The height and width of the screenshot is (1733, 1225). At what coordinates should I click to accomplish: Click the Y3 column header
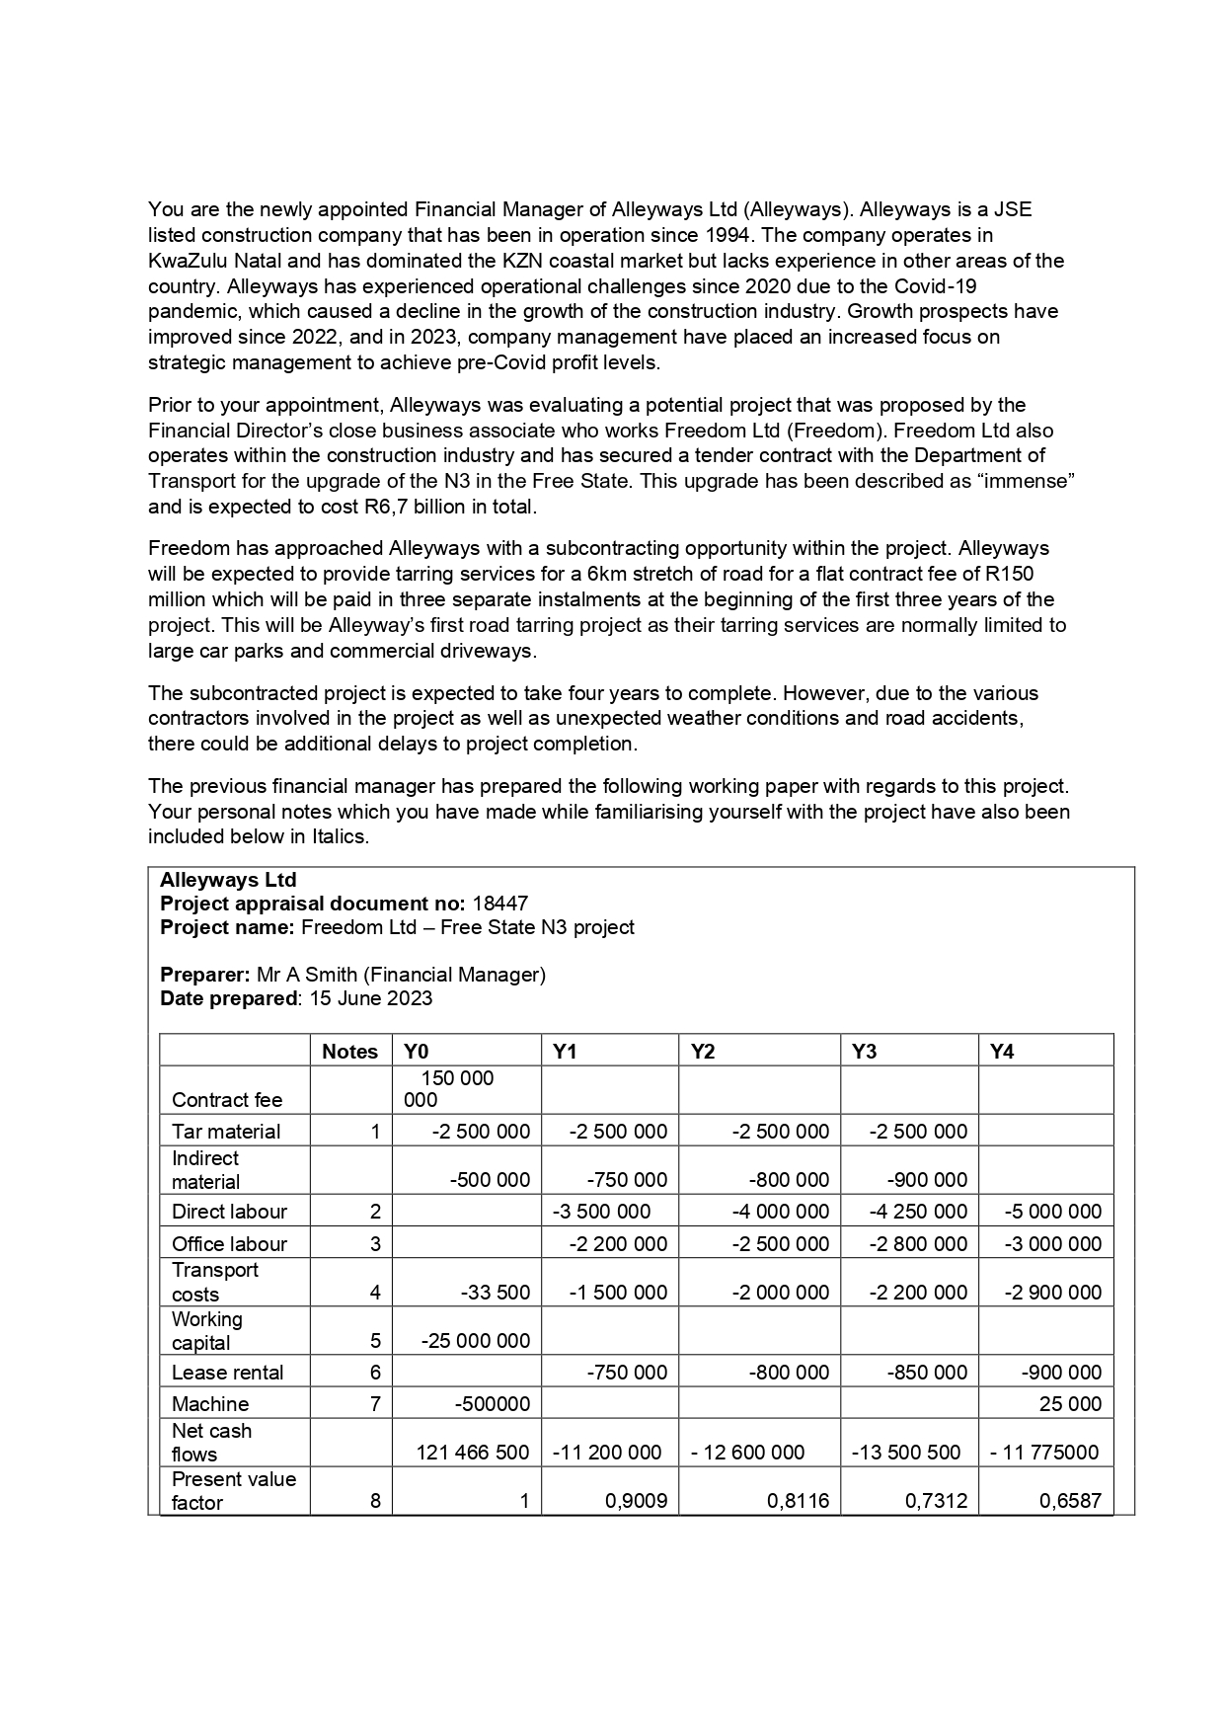(864, 1052)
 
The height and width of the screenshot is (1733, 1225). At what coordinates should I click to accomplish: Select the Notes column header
(350, 1052)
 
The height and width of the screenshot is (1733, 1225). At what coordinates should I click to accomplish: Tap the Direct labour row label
(229, 1212)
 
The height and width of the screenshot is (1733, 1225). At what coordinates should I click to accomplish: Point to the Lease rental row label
(227, 1372)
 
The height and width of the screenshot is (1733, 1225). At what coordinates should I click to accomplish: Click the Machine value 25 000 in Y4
(1070, 1403)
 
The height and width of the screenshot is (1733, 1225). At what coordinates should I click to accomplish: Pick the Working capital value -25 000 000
(476, 1340)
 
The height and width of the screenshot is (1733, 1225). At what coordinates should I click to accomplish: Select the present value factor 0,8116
(798, 1501)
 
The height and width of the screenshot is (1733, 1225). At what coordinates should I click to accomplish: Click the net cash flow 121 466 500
(473, 1452)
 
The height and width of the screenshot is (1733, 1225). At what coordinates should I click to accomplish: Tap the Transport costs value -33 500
(496, 1292)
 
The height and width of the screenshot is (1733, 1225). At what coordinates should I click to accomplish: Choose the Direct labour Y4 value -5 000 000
(1052, 1212)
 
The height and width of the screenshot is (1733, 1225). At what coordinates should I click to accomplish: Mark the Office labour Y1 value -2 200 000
(619, 1243)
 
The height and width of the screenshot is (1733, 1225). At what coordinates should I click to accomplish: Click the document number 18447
(500, 904)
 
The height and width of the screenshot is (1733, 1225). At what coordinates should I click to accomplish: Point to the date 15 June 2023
(371, 998)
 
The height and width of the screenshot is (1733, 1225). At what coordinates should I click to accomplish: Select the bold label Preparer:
(204, 975)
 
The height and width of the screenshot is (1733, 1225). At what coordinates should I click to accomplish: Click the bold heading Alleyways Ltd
(228, 880)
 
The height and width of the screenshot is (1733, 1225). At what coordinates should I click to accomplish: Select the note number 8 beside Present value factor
(375, 1501)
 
